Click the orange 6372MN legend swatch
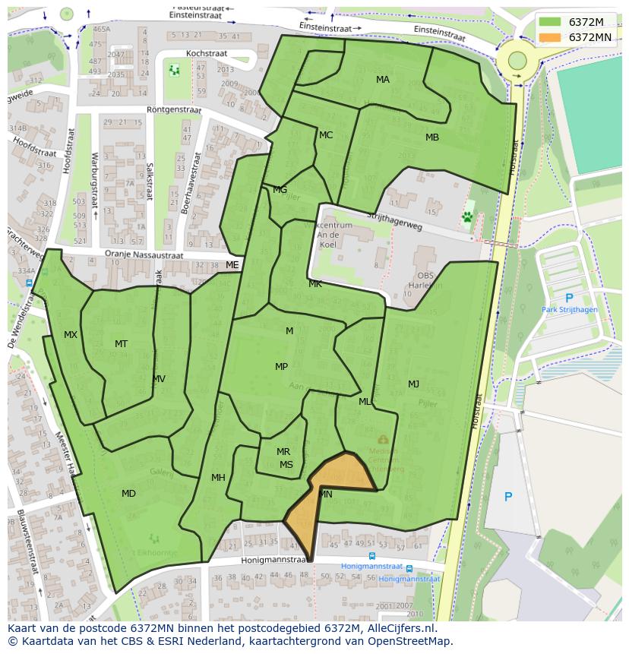point(550,37)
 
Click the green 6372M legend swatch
point(550,22)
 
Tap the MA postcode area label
point(383,80)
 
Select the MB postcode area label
point(431,137)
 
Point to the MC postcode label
point(326,135)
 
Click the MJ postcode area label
point(413,384)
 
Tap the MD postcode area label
point(128,494)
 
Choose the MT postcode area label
point(121,344)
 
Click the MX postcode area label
point(71,335)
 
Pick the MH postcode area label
point(218,478)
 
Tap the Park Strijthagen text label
point(569,310)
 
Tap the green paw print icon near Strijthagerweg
point(467,217)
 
